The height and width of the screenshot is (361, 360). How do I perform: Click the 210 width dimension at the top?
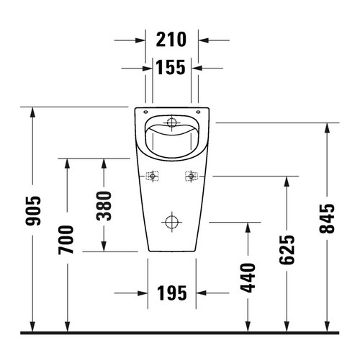(x=171, y=39)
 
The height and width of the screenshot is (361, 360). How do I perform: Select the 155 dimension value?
(x=171, y=68)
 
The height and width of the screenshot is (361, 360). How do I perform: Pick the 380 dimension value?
(x=103, y=205)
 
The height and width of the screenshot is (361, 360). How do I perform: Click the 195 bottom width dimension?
(x=171, y=293)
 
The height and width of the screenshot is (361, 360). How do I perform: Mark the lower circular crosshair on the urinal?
(x=171, y=220)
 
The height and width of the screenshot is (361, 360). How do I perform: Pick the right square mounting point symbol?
(x=191, y=175)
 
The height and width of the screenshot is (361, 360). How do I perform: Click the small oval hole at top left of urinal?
(x=146, y=113)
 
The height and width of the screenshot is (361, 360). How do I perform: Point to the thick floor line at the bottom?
(x=180, y=334)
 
